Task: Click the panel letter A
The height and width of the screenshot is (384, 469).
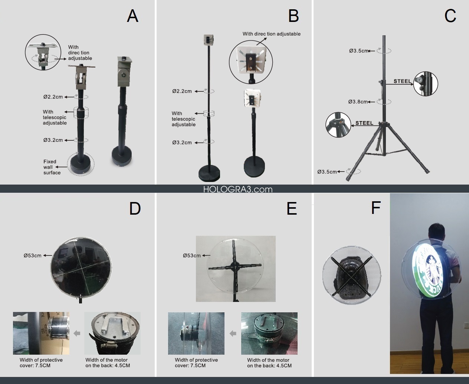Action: (132, 16)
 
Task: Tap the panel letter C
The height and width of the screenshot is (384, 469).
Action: (450, 16)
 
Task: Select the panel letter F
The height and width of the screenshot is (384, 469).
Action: (376, 208)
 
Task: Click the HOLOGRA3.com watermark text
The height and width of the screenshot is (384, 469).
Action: (238, 189)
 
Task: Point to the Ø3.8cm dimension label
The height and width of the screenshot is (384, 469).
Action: (358, 102)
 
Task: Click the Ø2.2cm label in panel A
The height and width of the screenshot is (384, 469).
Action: (53, 97)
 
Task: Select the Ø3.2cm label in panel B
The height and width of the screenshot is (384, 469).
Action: (182, 143)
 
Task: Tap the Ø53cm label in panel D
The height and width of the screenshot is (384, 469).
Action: (33, 256)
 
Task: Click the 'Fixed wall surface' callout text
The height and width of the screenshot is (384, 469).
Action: (52, 167)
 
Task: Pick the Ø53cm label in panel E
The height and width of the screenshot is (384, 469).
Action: (192, 256)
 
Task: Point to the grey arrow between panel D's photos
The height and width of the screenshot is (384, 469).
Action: (77, 333)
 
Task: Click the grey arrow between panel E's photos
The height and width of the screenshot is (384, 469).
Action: (233, 333)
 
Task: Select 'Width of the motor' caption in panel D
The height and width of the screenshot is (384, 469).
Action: (106, 360)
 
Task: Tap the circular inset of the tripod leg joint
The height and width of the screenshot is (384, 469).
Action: (338, 125)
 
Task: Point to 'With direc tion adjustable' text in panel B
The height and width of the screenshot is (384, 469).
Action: (272, 34)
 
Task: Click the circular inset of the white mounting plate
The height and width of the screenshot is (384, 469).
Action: (251, 62)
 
